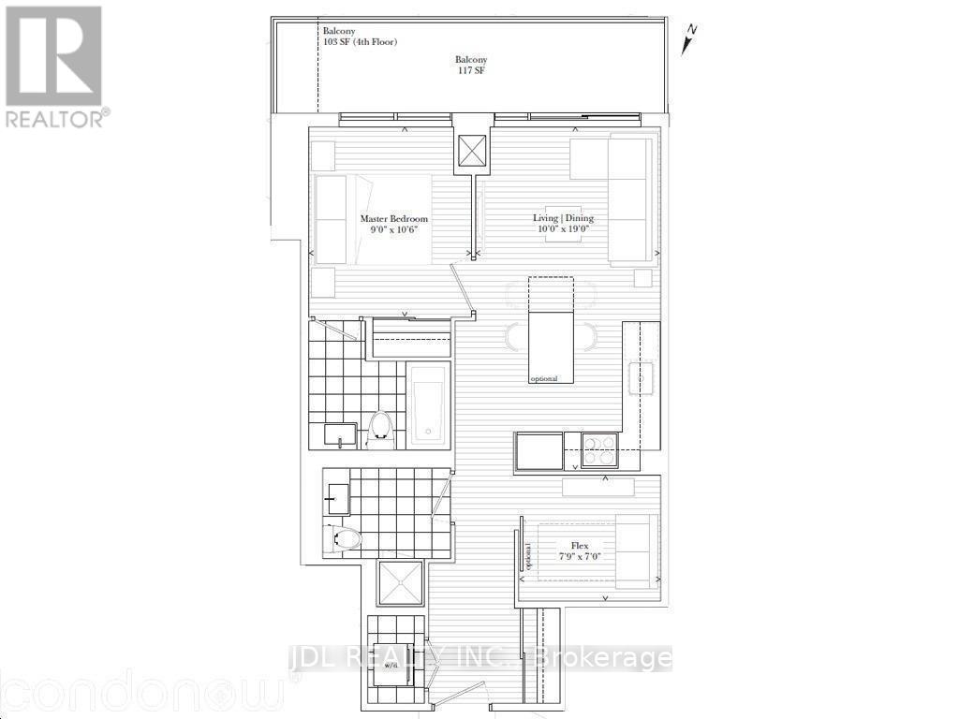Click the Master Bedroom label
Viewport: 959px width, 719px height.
point(388,219)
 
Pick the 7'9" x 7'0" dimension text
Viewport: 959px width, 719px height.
point(579,556)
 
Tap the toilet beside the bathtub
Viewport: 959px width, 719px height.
point(380,427)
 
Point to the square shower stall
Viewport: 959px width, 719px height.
point(400,584)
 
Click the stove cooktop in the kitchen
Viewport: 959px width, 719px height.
point(599,450)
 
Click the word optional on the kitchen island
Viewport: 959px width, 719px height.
point(543,379)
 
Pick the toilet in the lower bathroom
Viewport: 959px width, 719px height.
point(344,538)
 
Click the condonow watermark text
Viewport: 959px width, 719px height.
point(140,693)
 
